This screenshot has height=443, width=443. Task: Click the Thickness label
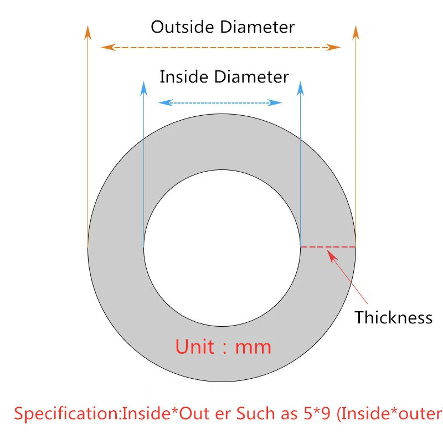click(393, 318)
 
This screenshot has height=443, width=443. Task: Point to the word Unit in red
click(195, 347)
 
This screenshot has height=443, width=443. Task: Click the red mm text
click(254, 348)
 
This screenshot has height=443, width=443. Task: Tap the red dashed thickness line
click(328, 246)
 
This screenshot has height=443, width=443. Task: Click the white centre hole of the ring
click(221, 247)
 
